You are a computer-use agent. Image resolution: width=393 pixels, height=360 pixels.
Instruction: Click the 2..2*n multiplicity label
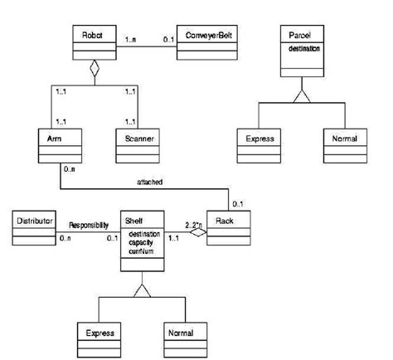pos(193,224)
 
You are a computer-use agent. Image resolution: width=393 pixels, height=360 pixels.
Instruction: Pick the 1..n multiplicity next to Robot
pos(131,38)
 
